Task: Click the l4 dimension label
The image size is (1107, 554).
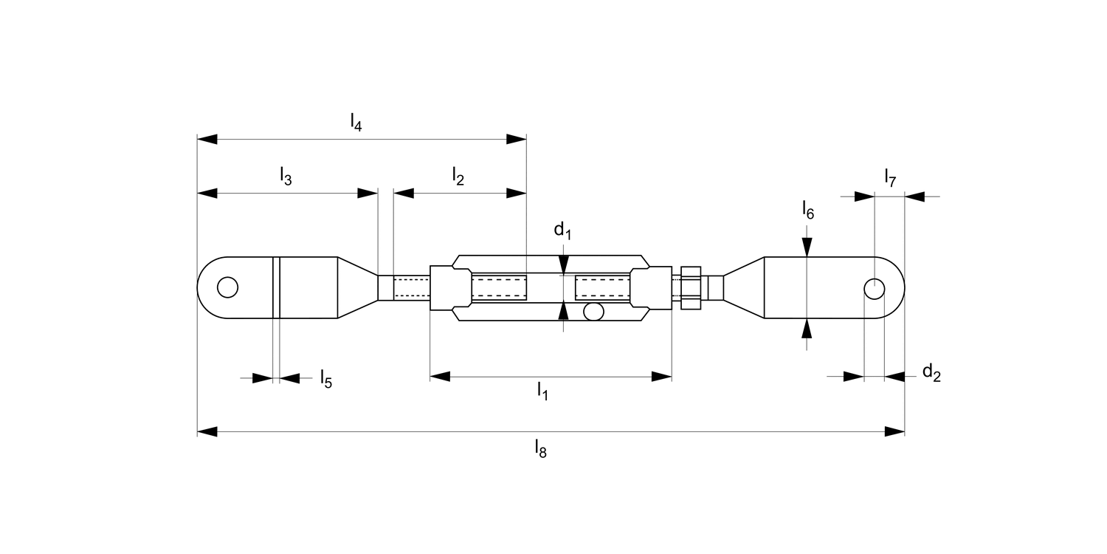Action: click(356, 122)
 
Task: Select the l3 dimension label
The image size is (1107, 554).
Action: click(286, 177)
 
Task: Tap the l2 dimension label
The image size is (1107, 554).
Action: click(458, 177)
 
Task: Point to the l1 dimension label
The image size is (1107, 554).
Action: click(542, 391)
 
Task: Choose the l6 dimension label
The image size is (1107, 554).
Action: click(808, 211)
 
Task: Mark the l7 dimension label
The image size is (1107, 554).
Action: click(890, 177)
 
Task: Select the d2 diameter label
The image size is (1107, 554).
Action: click(931, 372)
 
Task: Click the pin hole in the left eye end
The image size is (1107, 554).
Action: click(228, 287)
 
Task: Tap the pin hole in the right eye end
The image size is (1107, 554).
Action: click(874, 288)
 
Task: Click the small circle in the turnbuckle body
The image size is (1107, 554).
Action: click(593, 312)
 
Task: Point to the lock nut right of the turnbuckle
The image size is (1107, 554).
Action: click(690, 287)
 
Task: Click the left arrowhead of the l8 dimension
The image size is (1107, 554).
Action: click(207, 431)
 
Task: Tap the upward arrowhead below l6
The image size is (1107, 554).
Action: click(808, 328)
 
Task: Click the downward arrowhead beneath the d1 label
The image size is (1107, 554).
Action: click(564, 264)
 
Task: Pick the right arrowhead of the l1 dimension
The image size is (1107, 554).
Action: click(661, 377)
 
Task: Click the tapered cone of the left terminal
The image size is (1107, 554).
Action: click(357, 287)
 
